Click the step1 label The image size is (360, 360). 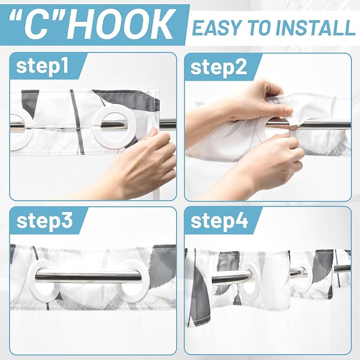pyautogui.click(x=42, y=66)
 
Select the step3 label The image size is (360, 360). pyautogui.click(x=45, y=221)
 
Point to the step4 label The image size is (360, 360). pyautogui.click(x=219, y=221)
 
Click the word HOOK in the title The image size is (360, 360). pyautogui.click(x=119, y=24)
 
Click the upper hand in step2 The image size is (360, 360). pyautogui.click(x=248, y=103)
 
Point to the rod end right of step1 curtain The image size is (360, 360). pyautogui.click(x=168, y=124)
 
